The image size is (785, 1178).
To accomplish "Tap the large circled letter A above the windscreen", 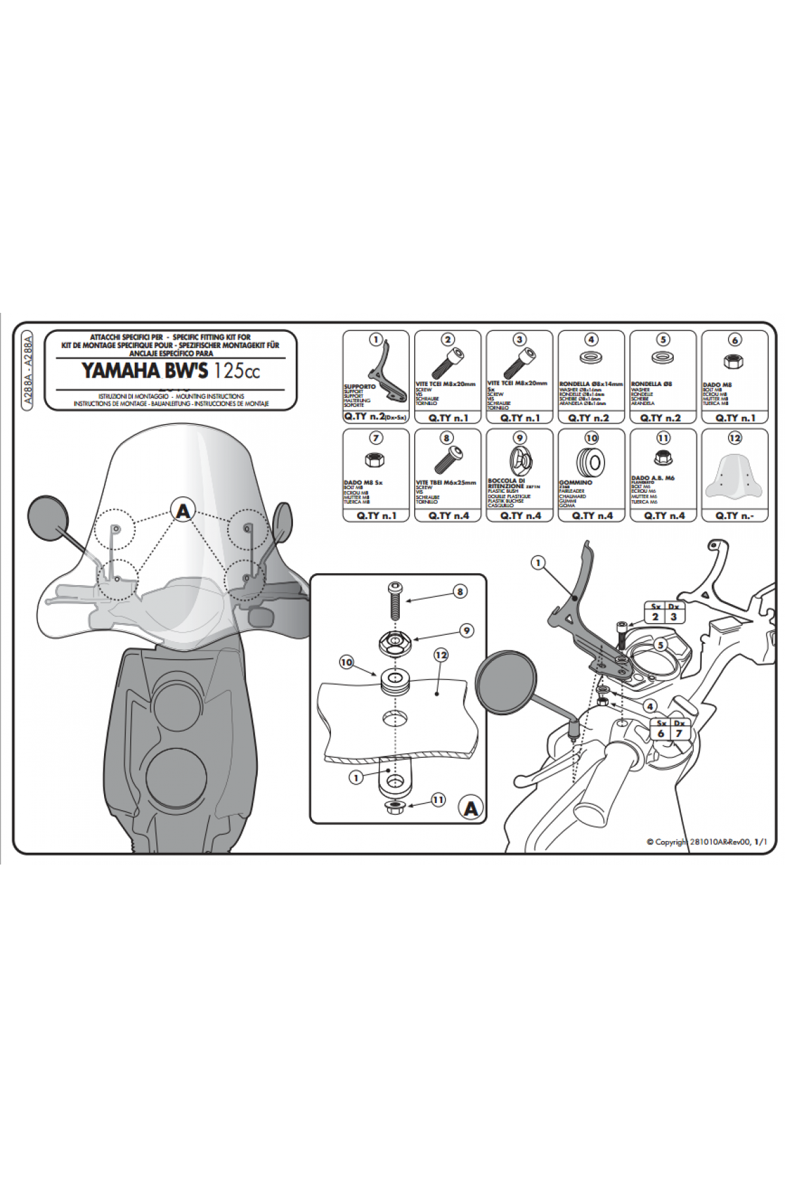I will click(x=183, y=510).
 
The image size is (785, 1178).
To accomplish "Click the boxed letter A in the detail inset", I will click(x=470, y=809).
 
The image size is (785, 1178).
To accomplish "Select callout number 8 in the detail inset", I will click(x=460, y=592).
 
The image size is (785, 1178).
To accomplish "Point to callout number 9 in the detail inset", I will click(x=466, y=631).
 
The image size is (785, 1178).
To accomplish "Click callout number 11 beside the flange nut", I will click(x=438, y=800).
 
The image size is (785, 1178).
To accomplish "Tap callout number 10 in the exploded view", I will click(x=347, y=663).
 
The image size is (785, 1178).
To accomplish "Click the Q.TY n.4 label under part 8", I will click(x=448, y=516).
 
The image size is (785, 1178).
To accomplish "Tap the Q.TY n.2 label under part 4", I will click(x=591, y=418).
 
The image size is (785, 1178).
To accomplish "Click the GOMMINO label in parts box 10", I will click(x=576, y=482).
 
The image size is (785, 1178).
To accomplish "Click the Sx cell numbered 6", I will click(x=661, y=734).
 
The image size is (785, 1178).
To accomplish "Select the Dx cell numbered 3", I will click(x=673, y=616).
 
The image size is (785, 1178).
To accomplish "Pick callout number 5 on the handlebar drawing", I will click(x=661, y=645).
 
